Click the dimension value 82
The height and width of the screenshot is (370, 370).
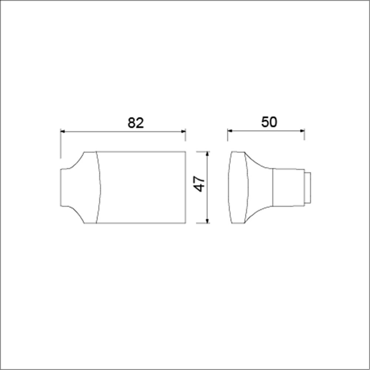pos(135,122)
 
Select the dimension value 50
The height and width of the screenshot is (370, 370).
pos(269,122)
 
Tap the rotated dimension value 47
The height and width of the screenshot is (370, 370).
pos(199,184)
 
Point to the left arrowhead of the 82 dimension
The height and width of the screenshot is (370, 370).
pos(63,131)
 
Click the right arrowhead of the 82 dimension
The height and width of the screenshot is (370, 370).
pos(183,131)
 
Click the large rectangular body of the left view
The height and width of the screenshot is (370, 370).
pos(142,187)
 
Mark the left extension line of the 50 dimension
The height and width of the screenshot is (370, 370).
pos(228,135)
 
